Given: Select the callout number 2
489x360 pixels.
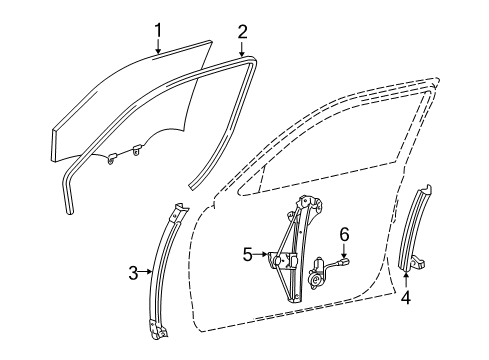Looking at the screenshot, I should pos(242,31).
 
